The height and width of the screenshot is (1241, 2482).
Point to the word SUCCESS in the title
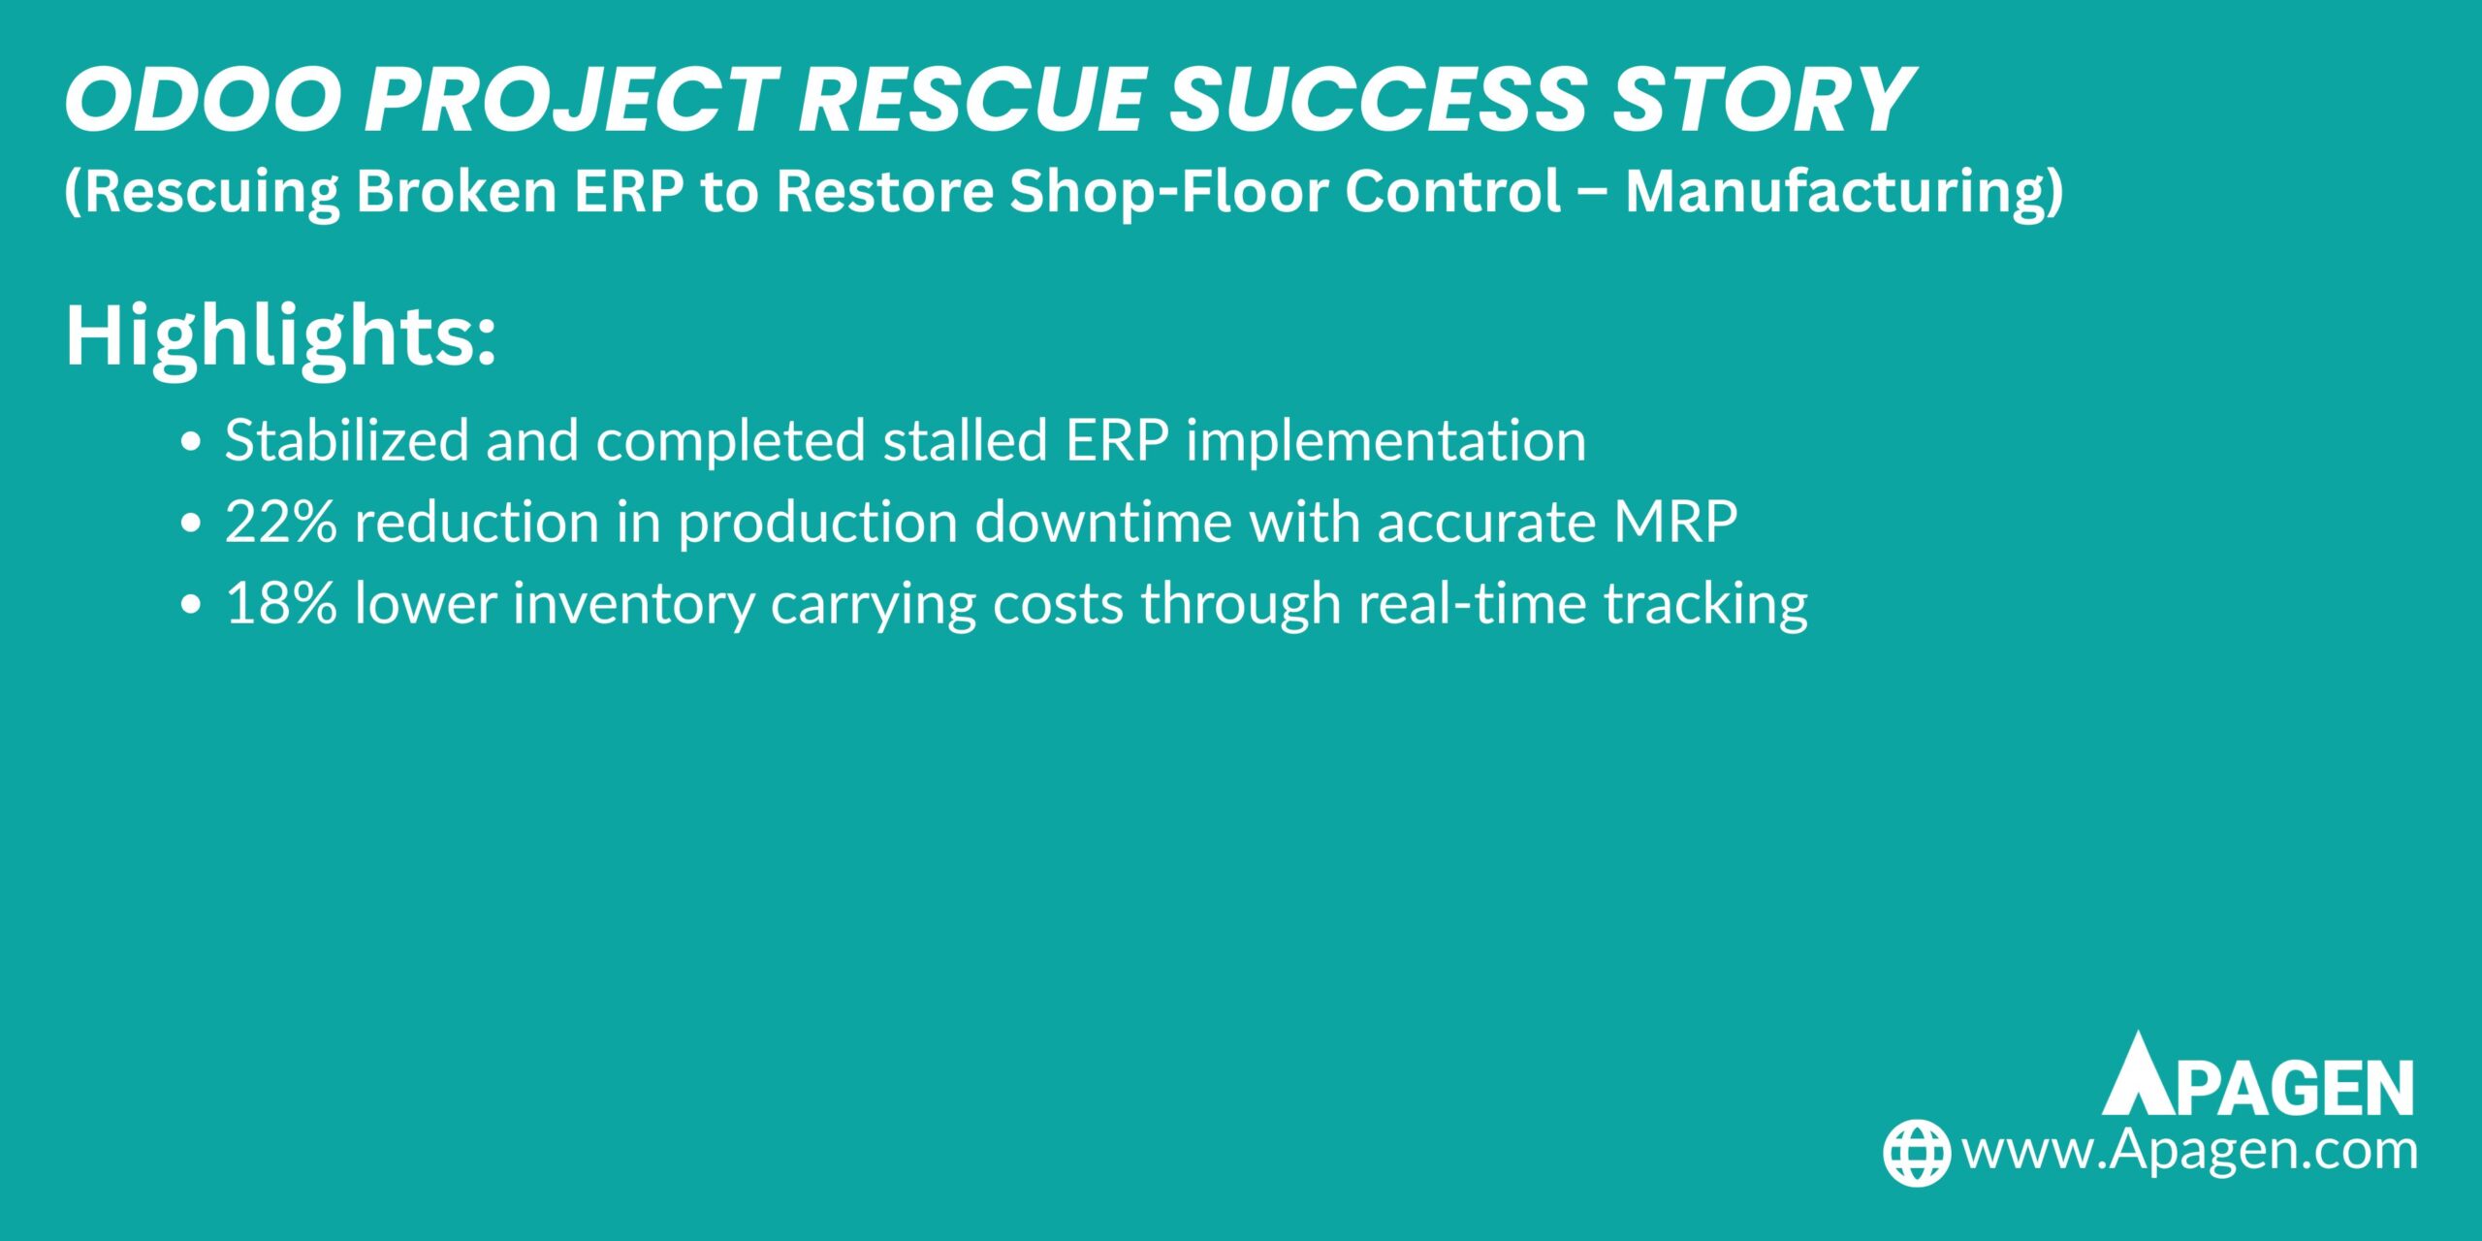(x=1378, y=100)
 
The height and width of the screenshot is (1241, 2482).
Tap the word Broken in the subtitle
(x=456, y=191)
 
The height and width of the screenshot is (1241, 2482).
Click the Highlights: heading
(x=281, y=336)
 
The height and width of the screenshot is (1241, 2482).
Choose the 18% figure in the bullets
(x=281, y=603)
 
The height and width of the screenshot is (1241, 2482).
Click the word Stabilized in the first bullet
(x=347, y=441)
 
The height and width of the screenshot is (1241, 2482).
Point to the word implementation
(x=1386, y=441)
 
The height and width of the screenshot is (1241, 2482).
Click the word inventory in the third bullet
(x=634, y=603)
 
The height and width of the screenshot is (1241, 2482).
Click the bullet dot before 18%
(x=191, y=605)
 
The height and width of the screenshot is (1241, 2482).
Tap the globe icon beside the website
(x=1917, y=1153)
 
